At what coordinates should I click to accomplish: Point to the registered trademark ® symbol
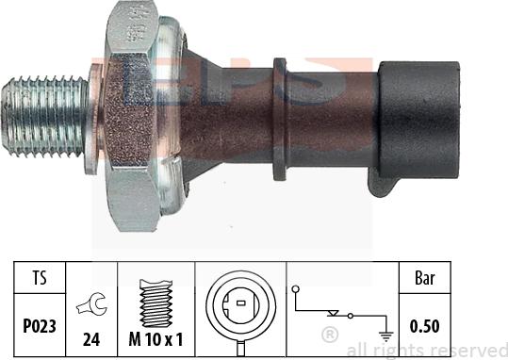pos(330,334)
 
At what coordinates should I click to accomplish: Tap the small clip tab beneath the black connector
pos(379,183)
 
